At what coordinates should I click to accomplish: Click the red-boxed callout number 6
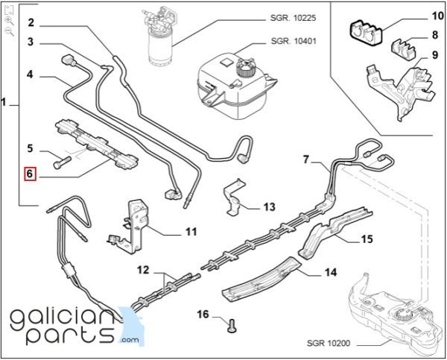point(30,174)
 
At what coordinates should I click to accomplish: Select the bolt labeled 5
point(62,162)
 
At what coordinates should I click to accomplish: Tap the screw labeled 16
point(232,326)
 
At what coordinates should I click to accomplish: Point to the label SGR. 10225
point(293,18)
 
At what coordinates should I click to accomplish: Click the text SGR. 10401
point(294,41)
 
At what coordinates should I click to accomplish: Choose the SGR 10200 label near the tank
point(329,343)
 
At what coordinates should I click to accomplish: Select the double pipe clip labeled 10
point(366,33)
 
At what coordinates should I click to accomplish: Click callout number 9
point(435,54)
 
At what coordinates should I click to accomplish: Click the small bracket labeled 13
point(234,197)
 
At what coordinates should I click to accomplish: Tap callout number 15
point(367,239)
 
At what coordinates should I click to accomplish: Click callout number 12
point(143,270)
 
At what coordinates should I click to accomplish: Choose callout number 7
point(306,160)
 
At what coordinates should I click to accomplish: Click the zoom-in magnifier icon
point(10,21)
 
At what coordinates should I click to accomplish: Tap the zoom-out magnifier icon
point(10,31)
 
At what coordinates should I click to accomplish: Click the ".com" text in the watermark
point(130,340)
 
